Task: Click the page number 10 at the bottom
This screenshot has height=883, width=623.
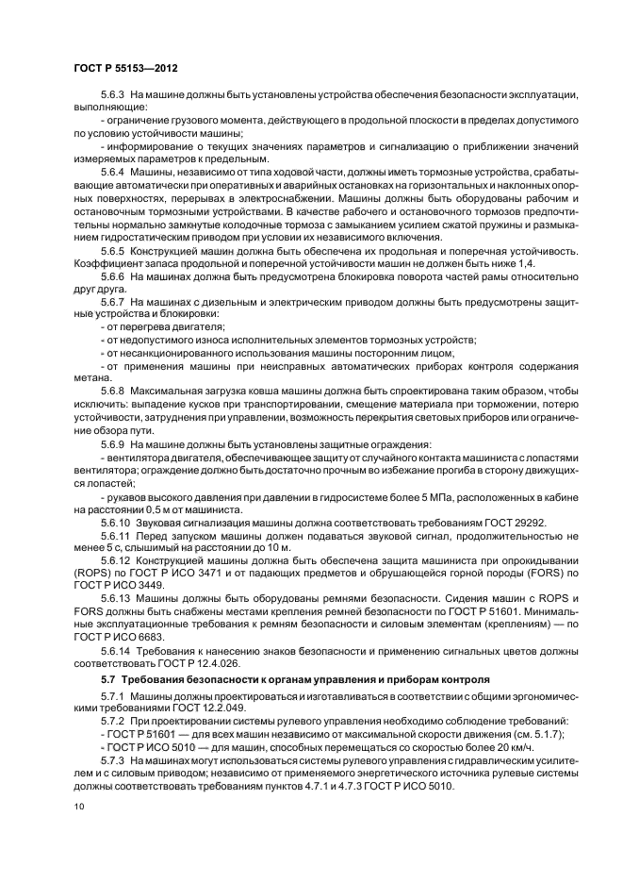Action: pyautogui.click(x=78, y=807)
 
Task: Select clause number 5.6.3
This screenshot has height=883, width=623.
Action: pyautogui.click(x=112, y=97)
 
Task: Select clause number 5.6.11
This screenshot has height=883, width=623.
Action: pyautogui.click(x=115, y=537)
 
